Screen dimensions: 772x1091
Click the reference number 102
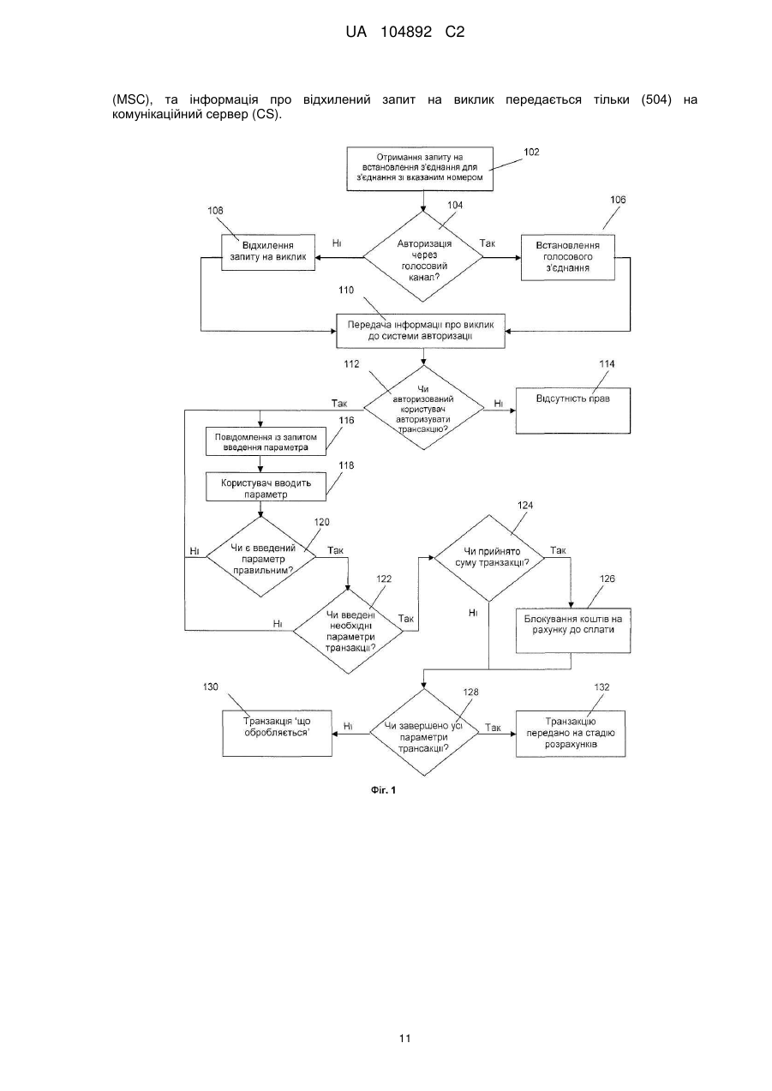(x=531, y=152)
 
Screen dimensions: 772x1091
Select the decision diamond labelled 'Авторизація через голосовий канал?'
(x=422, y=256)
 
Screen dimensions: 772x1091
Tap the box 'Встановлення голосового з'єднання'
(x=567, y=258)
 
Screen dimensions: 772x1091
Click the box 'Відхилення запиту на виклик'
(x=268, y=252)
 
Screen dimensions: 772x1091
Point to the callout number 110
(x=346, y=290)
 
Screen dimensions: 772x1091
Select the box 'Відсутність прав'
(x=573, y=411)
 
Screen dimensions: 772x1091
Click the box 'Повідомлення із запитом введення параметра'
(x=266, y=441)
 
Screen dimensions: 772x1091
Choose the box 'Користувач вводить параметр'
(x=266, y=487)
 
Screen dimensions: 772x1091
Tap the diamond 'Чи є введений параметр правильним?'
(x=261, y=557)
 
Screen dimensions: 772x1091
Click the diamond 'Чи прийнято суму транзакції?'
(x=489, y=558)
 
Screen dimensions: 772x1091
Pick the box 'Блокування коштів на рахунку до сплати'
(x=573, y=630)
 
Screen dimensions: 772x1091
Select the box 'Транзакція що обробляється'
(x=277, y=733)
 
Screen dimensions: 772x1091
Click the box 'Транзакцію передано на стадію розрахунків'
(x=571, y=734)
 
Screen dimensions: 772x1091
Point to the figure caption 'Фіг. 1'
(x=383, y=790)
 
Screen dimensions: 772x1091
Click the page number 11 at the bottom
(x=404, y=1039)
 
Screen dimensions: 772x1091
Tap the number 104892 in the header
(x=406, y=32)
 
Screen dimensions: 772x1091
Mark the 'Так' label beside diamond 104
(x=487, y=243)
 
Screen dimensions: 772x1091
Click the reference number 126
(x=607, y=578)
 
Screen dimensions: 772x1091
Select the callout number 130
(x=211, y=686)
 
